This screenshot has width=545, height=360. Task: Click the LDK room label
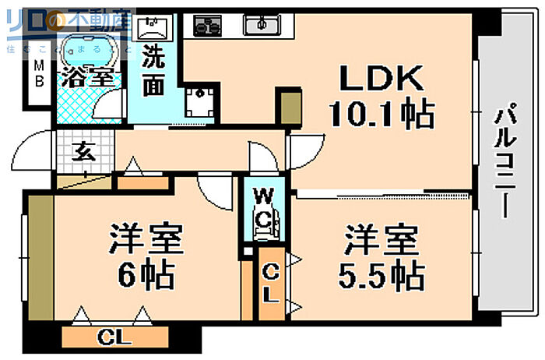381,79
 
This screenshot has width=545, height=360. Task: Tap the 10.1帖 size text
381,115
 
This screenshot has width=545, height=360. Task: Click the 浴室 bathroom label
89,78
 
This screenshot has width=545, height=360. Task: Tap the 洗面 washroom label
153,72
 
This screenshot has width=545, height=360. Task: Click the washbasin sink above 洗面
153,28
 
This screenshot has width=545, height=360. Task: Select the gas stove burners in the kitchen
207,26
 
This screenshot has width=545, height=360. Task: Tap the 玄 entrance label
83,153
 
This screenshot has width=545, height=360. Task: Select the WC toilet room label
262,206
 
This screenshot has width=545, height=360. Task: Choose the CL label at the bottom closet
112,337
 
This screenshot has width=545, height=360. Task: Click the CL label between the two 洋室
269,284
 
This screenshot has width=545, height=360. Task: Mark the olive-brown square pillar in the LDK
288,109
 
